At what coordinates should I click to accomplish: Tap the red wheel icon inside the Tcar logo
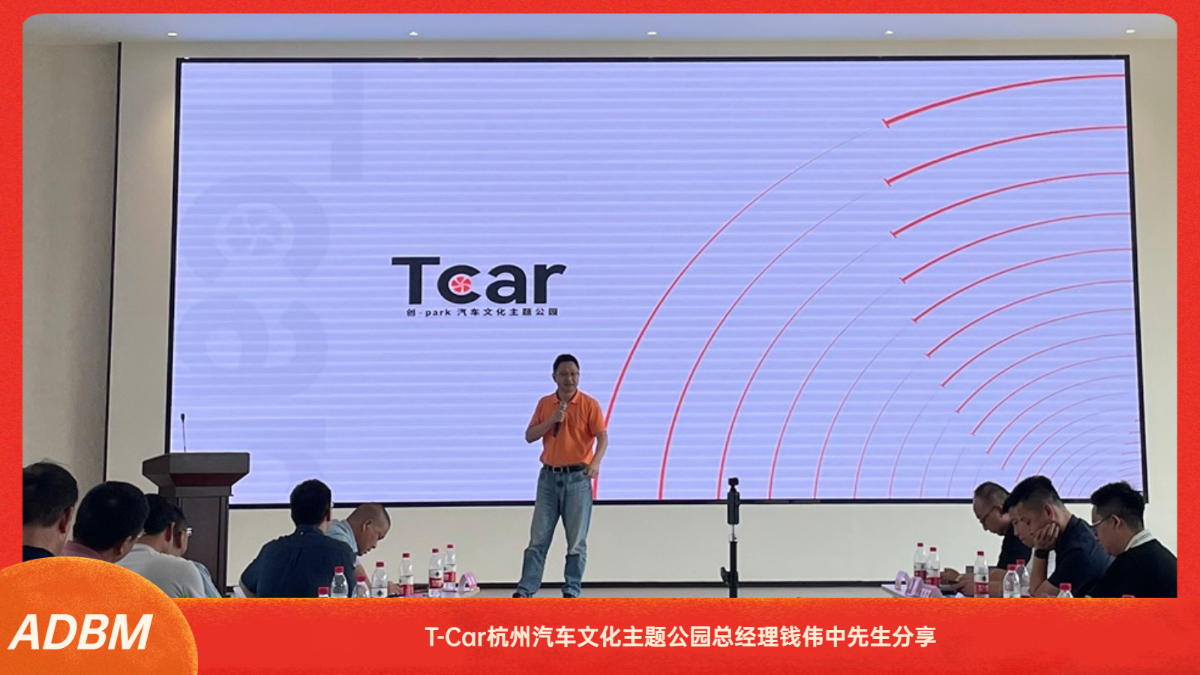tap(460, 285)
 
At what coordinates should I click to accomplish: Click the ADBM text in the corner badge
tap(81, 633)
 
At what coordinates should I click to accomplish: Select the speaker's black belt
tap(565, 468)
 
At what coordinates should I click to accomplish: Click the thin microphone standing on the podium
tap(183, 432)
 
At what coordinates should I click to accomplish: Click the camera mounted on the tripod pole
tap(733, 502)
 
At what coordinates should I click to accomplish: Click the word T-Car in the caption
tap(455, 637)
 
